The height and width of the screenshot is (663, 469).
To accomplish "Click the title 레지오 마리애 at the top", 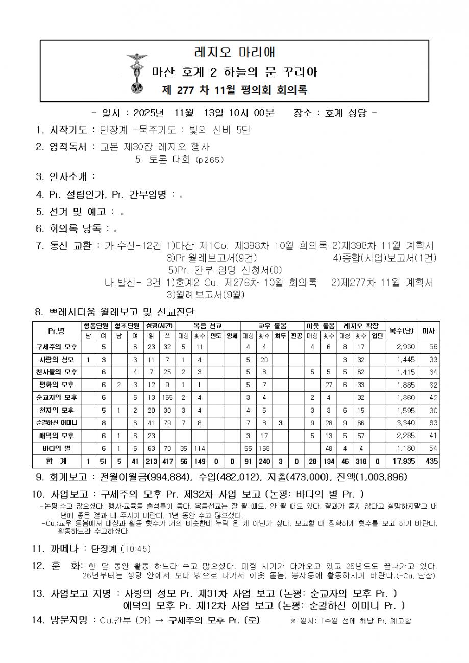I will coord(234,53).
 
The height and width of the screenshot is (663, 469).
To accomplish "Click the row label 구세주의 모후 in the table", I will coord(56,347).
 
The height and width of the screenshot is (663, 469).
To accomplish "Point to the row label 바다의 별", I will coord(56,448).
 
